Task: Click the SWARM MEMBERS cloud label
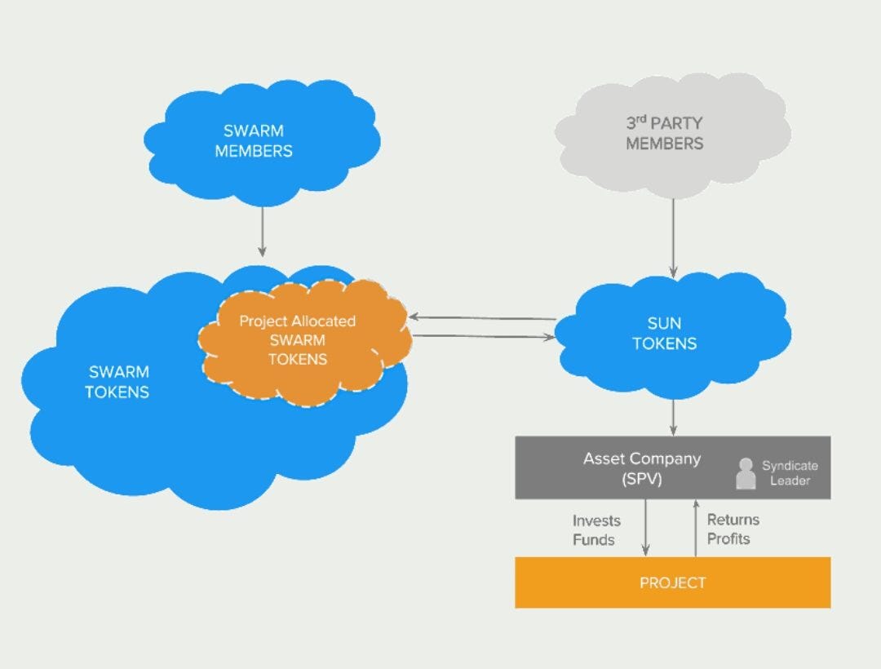click(x=254, y=140)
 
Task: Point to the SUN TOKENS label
click(x=665, y=334)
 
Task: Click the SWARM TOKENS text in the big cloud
click(x=117, y=382)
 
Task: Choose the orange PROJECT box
click(x=672, y=583)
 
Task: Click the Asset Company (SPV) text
click(x=641, y=468)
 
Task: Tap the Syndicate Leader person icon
click(x=746, y=473)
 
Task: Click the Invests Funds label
click(x=596, y=530)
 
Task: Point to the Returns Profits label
click(x=733, y=529)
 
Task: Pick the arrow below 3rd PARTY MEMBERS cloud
click(x=673, y=237)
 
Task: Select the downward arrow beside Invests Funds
click(x=645, y=527)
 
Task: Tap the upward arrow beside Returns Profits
click(x=695, y=527)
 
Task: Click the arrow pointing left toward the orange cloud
click(x=481, y=317)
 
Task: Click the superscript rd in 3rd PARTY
click(x=641, y=119)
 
